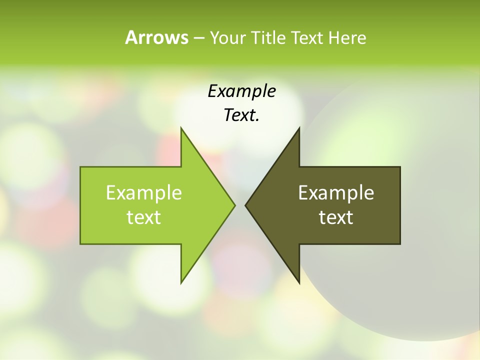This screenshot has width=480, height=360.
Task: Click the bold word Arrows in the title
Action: pyautogui.click(x=156, y=37)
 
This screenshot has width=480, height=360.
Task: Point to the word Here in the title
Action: pyautogui.click(x=347, y=37)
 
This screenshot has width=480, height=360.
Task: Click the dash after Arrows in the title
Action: pyautogui.click(x=198, y=38)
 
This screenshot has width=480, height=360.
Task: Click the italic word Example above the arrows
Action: pyautogui.click(x=241, y=91)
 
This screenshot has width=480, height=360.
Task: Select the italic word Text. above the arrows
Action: pyautogui.click(x=241, y=115)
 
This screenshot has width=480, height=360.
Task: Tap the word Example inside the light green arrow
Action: pyautogui.click(x=144, y=193)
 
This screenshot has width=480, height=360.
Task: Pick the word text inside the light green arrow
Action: pyautogui.click(x=144, y=217)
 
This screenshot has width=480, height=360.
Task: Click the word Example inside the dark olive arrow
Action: pyautogui.click(x=336, y=193)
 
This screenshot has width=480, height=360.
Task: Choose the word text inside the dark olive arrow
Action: pyautogui.click(x=336, y=217)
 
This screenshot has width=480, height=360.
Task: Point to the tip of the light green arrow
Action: pyautogui.click(x=234, y=205)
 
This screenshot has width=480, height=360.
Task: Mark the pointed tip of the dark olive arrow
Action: pyautogui.click(x=245, y=205)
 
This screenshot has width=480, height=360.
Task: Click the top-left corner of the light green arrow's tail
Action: pyautogui.click(x=80, y=167)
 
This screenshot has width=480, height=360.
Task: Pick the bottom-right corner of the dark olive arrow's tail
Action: pyautogui.click(x=400, y=244)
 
